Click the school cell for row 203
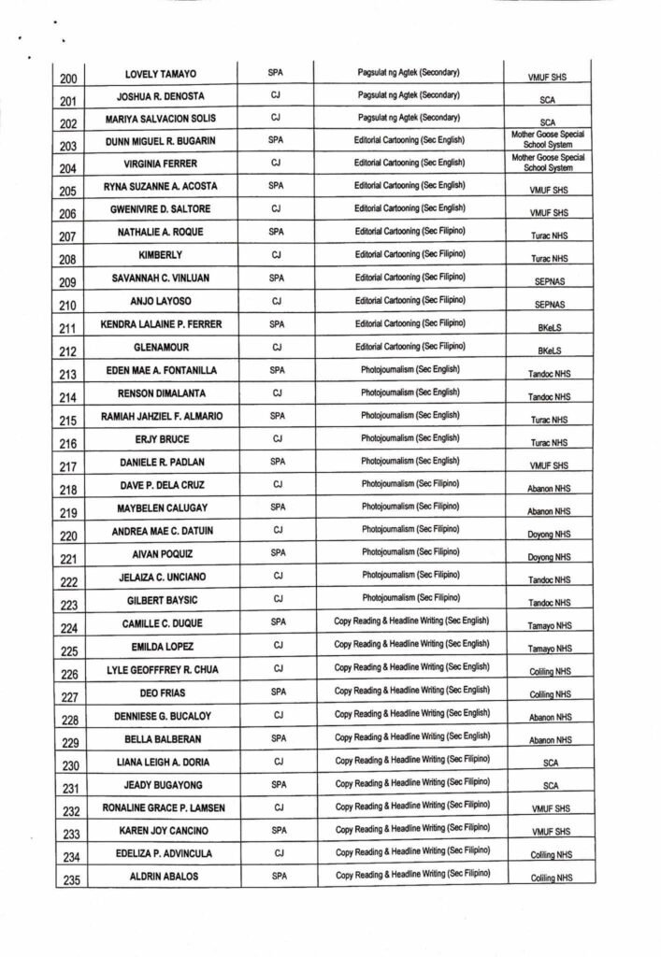pyautogui.click(x=548, y=140)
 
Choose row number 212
pyautogui.click(x=70, y=353)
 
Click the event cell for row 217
pyautogui.click(x=410, y=461)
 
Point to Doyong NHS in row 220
pyautogui.click(x=550, y=535)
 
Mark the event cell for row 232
pyautogui.click(x=412, y=806)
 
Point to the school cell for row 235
pyautogui.click(x=550, y=878)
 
